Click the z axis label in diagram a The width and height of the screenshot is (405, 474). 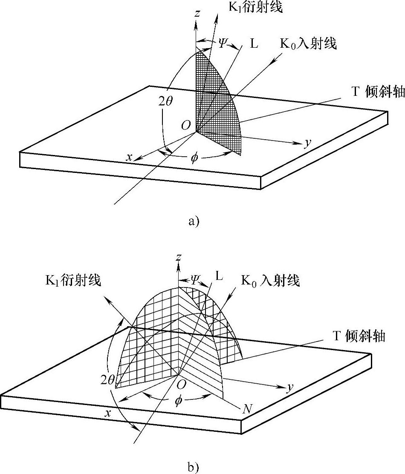click(x=197, y=14)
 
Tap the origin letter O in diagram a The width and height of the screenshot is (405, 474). click(x=185, y=125)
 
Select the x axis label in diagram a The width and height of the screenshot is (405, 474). click(x=129, y=157)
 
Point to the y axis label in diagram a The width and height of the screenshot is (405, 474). click(x=307, y=143)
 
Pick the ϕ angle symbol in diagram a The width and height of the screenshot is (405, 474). click(x=194, y=158)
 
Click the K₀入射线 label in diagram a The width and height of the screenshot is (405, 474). click(x=308, y=43)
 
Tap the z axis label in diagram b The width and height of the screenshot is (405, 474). click(x=179, y=257)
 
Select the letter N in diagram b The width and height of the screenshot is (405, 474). click(x=246, y=410)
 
